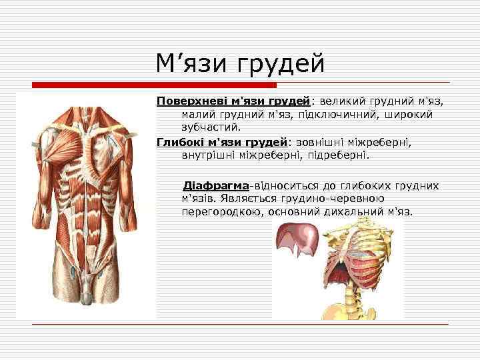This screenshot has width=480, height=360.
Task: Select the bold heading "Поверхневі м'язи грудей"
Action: (233, 101)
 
